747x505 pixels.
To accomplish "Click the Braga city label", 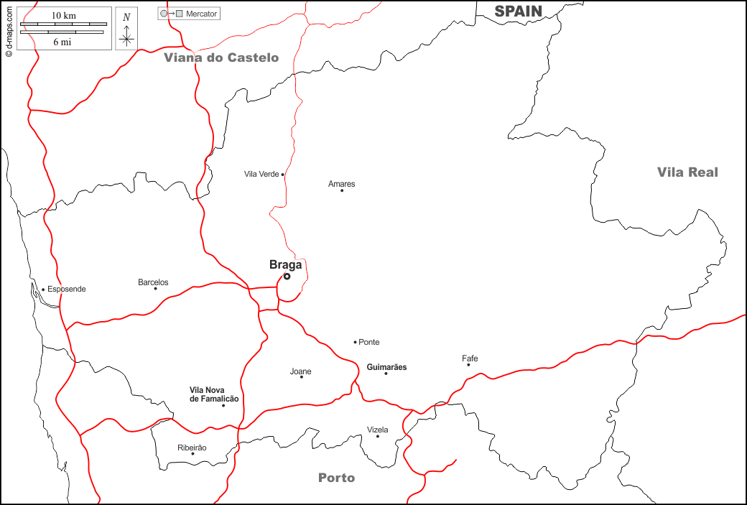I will point(285,264).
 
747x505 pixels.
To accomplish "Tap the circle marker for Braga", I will point(287,276).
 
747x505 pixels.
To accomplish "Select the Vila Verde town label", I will point(261,174).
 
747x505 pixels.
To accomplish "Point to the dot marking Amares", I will point(342,190).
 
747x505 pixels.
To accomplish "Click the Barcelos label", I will point(153,282).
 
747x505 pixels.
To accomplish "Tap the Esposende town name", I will point(66,289).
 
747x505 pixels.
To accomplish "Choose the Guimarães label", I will point(386,367).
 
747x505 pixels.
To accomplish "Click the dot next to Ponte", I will point(355,342).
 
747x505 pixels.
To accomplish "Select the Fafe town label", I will point(470,358).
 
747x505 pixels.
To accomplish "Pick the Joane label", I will point(300,371).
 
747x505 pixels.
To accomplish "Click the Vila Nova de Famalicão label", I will point(214,394).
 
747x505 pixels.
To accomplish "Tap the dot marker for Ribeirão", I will point(192,453).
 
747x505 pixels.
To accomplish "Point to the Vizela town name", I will point(377,430).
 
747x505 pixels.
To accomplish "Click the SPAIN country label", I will point(519,10).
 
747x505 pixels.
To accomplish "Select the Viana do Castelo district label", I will point(221,57).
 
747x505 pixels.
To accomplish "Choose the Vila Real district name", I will point(687,172).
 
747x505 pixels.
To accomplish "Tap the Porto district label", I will point(336,478).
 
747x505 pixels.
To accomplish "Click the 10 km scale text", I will point(63,15).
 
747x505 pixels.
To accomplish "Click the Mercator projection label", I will point(201,14).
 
